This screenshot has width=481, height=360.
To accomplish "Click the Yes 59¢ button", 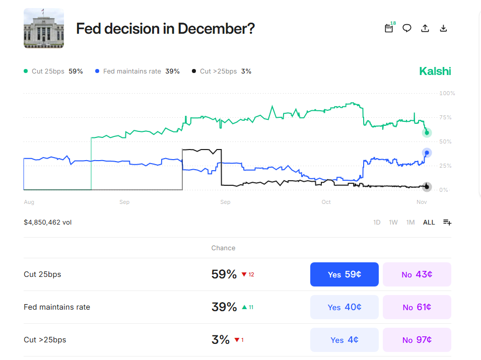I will pyautogui.click(x=344, y=274).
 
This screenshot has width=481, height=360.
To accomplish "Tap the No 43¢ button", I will pyautogui.click(x=417, y=274).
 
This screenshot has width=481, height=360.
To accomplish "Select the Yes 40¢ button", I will pyautogui.click(x=344, y=307).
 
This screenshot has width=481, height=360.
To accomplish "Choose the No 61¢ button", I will pyautogui.click(x=417, y=307).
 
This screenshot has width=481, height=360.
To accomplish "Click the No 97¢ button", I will pyautogui.click(x=417, y=340).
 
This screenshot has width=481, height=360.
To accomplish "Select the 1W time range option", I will pyautogui.click(x=393, y=222).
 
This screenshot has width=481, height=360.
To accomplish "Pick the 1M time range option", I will pyautogui.click(x=410, y=222).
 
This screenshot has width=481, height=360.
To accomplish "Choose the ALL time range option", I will pyautogui.click(x=429, y=222).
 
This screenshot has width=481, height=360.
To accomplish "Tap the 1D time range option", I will pyautogui.click(x=377, y=222).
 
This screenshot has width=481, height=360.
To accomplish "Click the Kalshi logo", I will pyautogui.click(x=435, y=71).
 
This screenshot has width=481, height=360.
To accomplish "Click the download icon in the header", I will pyautogui.click(x=443, y=28).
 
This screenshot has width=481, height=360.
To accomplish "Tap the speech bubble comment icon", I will pyautogui.click(x=407, y=28).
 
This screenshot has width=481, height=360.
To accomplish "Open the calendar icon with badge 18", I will pyautogui.click(x=389, y=28).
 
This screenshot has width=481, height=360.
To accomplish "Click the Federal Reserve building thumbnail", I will pyautogui.click(x=44, y=28).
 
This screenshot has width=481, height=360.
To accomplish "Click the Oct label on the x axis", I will pyautogui.click(x=326, y=202).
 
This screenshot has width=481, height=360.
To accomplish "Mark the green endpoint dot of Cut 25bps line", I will pyautogui.click(x=427, y=133).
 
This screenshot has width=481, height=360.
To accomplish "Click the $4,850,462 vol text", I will pyautogui.click(x=48, y=222).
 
